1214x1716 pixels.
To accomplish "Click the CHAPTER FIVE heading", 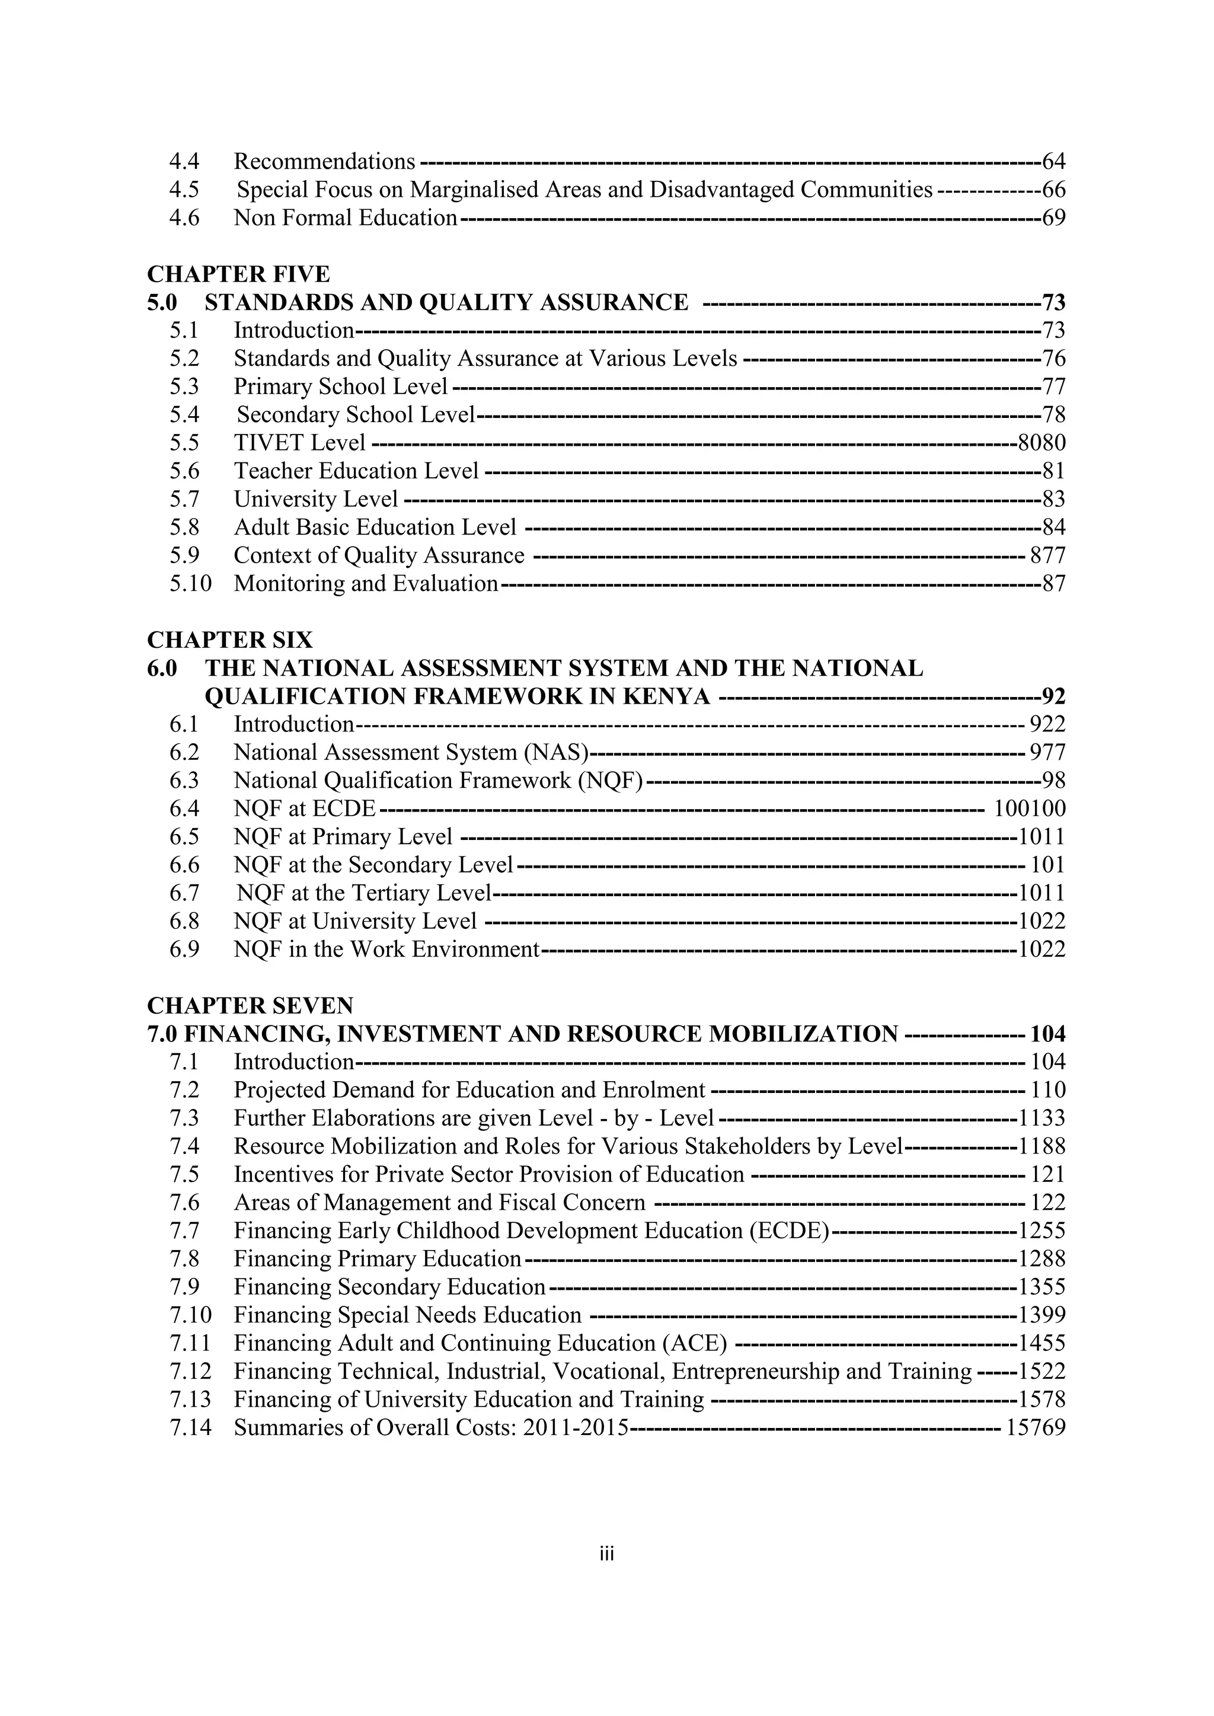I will [238, 274].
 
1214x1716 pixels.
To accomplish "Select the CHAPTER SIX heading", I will [229, 640].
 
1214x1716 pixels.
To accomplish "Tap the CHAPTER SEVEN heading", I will [250, 1005].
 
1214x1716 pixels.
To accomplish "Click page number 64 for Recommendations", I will [1053, 161].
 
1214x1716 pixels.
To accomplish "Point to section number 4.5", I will [184, 190].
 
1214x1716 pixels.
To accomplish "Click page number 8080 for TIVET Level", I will [1042, 443].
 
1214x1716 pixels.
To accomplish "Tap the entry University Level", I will [315, 499].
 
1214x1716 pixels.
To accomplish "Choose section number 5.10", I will [191, 584].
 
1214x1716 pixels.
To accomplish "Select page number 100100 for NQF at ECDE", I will [1030, 809].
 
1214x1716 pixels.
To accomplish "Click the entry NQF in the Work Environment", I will [386, 949].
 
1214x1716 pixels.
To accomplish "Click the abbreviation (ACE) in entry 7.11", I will [695, 1344].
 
